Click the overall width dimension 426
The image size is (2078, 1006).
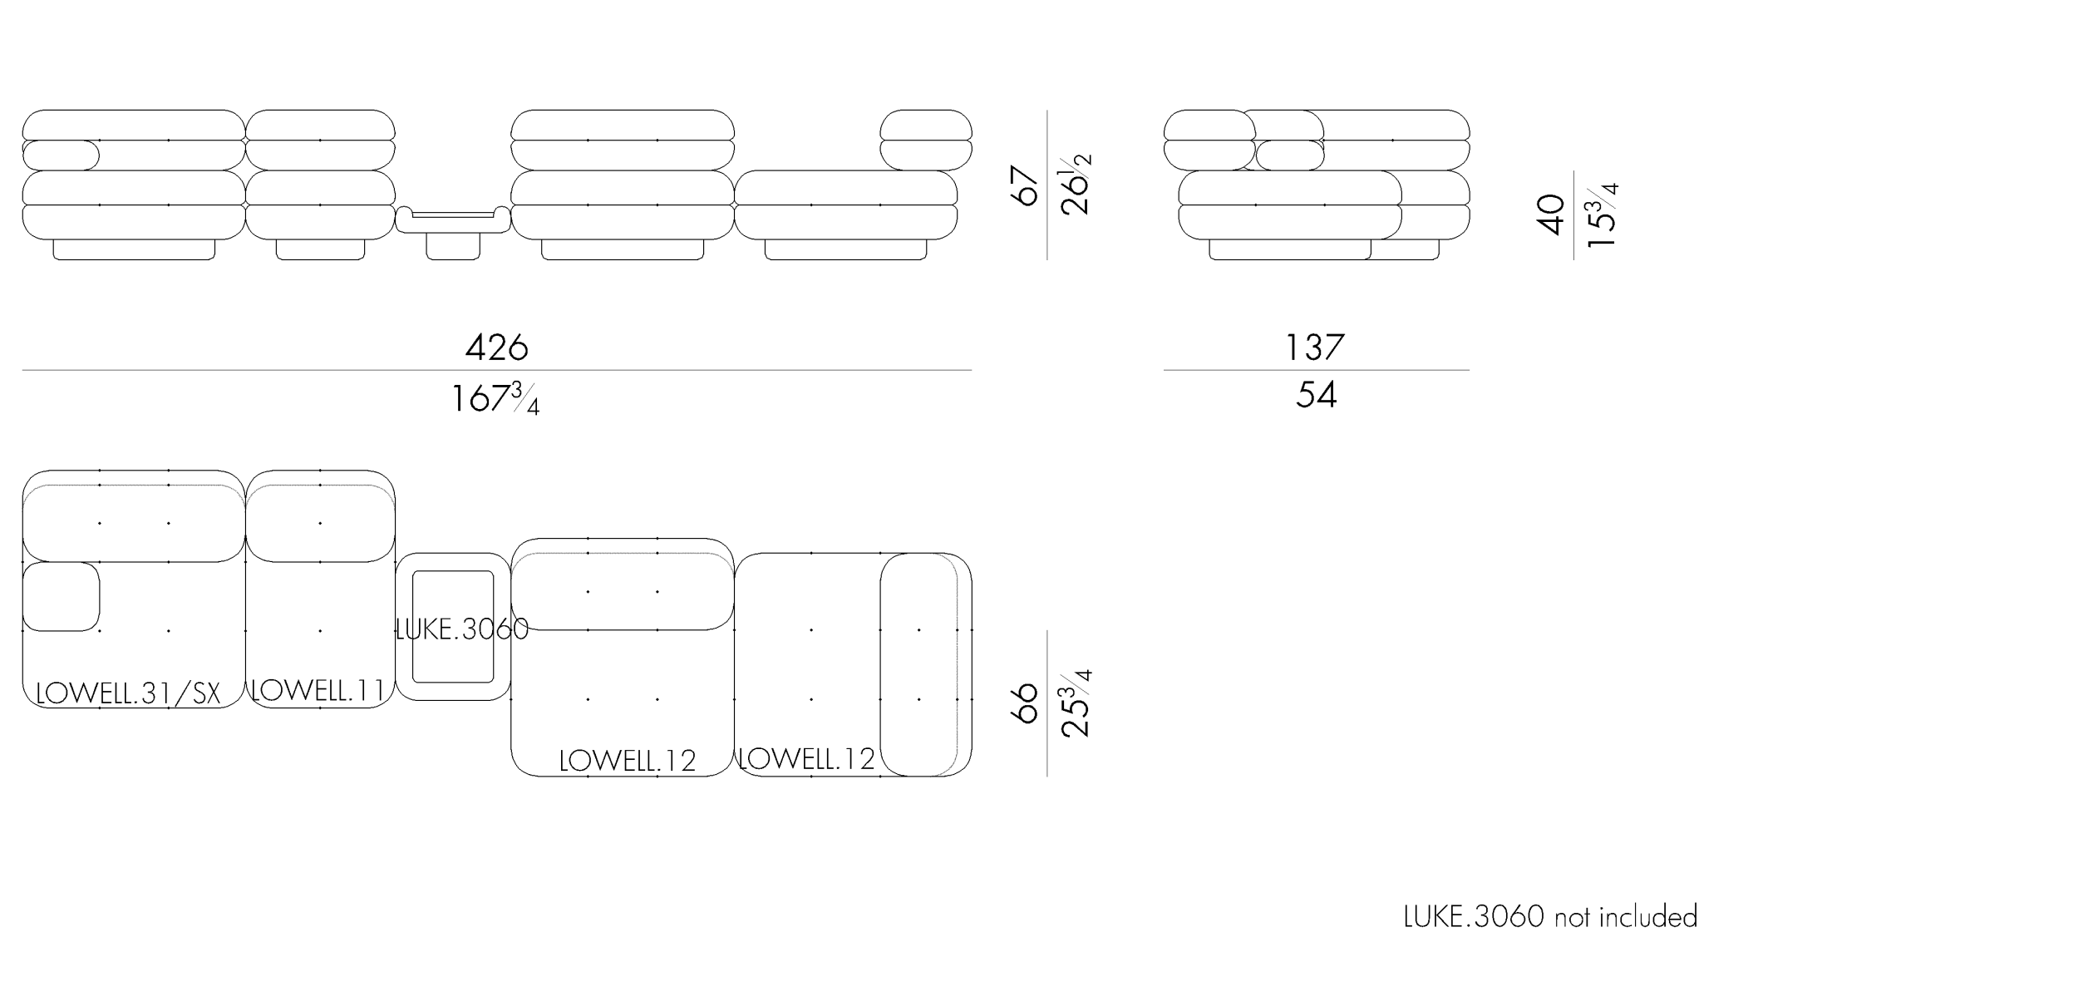tap(496, 347)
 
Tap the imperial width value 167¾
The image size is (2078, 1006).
tap(495, 398)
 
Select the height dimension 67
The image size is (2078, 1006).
tap(1026, 185)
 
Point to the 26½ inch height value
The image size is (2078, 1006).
tap(1076, 185)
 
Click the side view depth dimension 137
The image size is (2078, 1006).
tap(1314, 347)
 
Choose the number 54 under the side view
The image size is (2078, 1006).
tap(1316, 394)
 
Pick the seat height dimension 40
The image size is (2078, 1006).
tap(1551, 215)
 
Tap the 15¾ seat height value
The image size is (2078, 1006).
tap(1602, 215)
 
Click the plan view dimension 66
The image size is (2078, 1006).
tap(1026, 703)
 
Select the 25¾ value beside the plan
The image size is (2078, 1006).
tap(1075, 703)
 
